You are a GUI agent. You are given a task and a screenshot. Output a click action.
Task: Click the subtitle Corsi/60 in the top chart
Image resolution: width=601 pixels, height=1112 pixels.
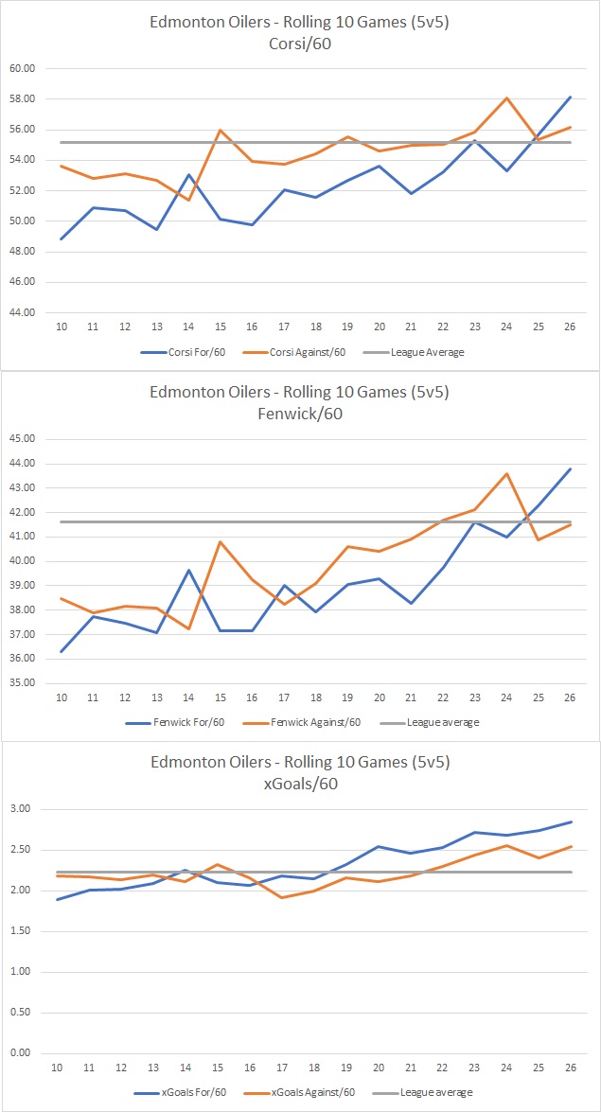point(300,43)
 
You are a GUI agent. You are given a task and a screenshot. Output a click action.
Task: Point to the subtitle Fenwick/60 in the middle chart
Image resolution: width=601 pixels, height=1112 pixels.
point(300,413)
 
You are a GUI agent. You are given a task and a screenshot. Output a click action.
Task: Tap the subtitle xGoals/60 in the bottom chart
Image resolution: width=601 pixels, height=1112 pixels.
point(300,783)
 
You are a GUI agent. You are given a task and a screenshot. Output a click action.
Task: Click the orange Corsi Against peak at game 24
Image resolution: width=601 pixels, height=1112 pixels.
point(507,97)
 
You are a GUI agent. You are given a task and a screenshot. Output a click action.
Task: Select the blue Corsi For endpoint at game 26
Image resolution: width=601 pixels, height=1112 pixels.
point(570,97)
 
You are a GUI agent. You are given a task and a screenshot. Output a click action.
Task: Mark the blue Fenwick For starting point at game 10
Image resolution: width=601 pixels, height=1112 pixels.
point(62,651)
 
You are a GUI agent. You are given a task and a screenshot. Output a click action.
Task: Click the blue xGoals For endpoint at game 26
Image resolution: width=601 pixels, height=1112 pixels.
point(570,821)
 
